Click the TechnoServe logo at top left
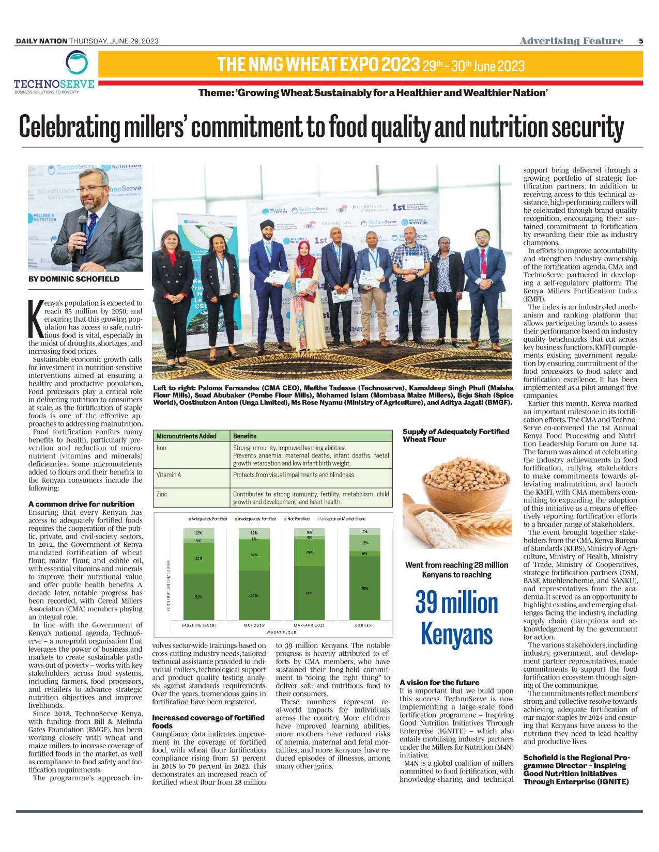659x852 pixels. pyautogui.click(x=54, y=72)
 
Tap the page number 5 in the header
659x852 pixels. pyautogui.click(x=641, y=41)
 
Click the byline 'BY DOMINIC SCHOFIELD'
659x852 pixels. pyautogui.click(x=74, y=279)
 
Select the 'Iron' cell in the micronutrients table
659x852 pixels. pyautogui.click(x=162, y=448)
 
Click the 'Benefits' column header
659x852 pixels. pyautogui.click(x=245, y=436)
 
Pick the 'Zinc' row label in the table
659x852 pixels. pyautogui.click(x=162, y=494)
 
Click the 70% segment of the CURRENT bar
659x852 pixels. pyautogui.click(x=364, y=589)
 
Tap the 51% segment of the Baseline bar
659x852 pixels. pyautogui.click(x=198, y=597)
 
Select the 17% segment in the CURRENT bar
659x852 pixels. pyautogui.click(x=364, y=543)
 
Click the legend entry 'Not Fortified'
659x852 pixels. pyautogui.click(x=298, y=519)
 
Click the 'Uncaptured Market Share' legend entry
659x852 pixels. pyautogui.click(x=342, y=519)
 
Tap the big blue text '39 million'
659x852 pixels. pyautogui.click(x=456, y=603)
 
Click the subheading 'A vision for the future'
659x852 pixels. pyautogui.click(x=439, y=683)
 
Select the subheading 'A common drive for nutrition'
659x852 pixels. pyautogui.click(x=81, y=504)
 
